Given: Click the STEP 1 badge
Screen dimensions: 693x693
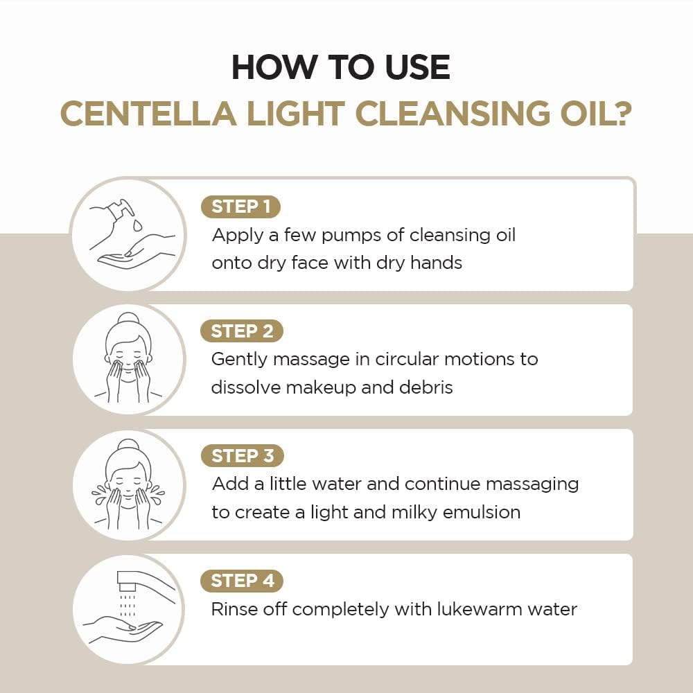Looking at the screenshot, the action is click(x=241, y=207).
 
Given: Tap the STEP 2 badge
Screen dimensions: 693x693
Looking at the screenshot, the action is click(x=242, y=331).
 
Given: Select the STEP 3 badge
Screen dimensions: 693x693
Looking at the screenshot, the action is click(x=242, y=456).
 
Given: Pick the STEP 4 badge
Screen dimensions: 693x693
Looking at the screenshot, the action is click(x=242, y=581).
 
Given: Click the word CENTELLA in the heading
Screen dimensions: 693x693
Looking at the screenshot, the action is click(x=148, y=114).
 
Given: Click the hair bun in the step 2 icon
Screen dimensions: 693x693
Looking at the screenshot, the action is click(x=129, y=319).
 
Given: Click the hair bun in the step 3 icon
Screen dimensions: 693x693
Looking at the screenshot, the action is click(x=129, y=445).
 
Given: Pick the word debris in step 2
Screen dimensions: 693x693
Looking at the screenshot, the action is click(x=426, y=387).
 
